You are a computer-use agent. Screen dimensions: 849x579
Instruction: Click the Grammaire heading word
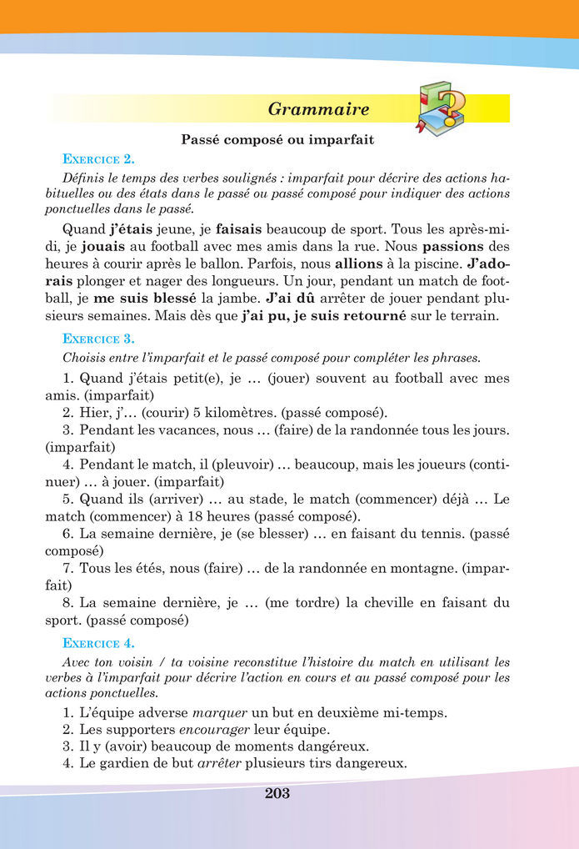point(318,109)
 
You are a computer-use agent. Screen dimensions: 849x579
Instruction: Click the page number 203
point(277,793)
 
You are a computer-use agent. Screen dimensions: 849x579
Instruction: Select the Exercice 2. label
point(98,158)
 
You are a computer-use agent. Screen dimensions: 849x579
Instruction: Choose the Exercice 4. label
point(98,643)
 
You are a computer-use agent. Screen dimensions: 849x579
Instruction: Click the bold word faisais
point(243,228)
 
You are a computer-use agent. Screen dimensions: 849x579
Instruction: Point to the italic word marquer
point(217,713)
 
